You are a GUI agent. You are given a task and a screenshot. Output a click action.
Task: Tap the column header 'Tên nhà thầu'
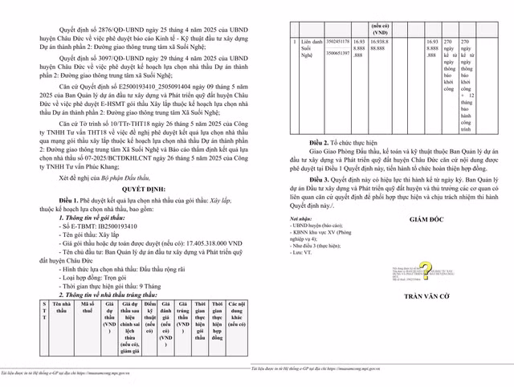63,308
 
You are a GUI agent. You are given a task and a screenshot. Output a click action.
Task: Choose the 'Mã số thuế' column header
88,308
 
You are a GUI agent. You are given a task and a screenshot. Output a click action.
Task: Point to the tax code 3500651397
337,52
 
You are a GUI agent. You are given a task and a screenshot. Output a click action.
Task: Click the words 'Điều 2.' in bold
321,141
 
